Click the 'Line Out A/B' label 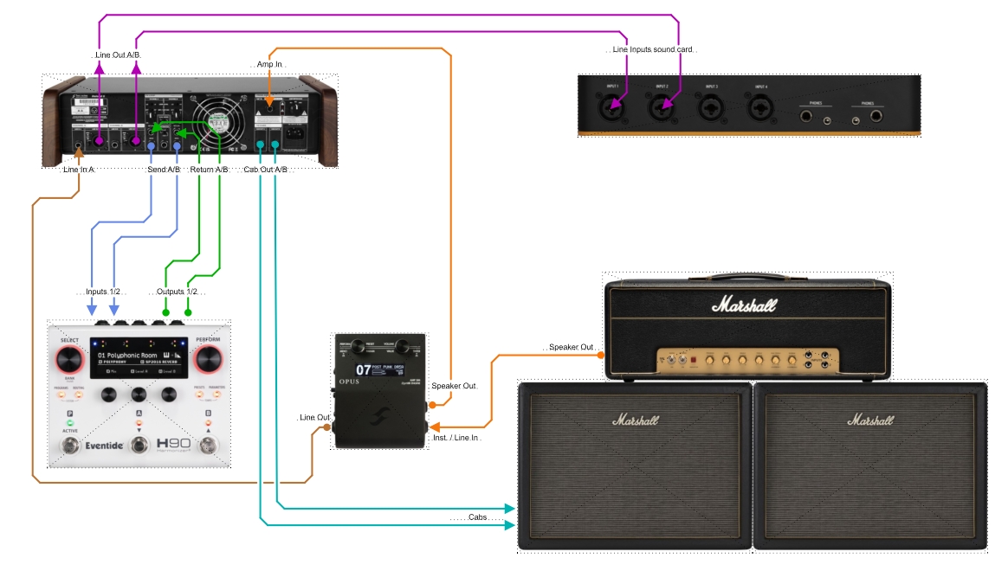116,55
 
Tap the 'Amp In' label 270,65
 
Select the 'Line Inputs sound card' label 653,50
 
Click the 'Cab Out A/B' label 265,170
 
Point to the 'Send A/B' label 163,170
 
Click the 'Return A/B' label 209,170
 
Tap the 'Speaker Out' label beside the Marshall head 572,347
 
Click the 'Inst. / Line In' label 454,439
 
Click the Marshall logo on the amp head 744,305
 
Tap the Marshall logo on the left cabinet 635,420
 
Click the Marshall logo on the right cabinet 869,420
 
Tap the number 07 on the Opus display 363,370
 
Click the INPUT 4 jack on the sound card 760,108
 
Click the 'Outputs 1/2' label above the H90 177,292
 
